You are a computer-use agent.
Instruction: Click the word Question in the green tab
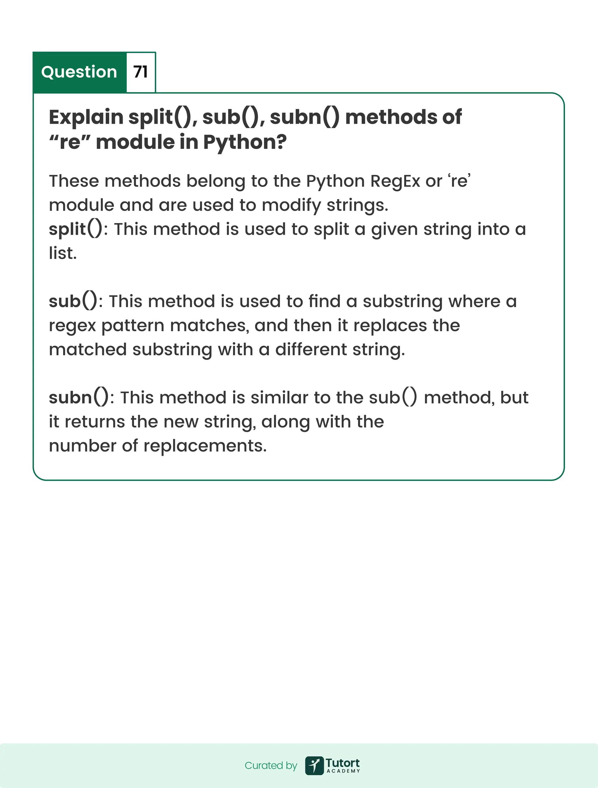79,72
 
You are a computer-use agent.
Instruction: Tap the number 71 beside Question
140,72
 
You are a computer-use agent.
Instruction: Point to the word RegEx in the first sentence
395,181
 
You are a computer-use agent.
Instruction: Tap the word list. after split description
63,253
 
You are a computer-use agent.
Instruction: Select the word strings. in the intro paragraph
357,206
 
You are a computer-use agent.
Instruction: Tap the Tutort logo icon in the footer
314,766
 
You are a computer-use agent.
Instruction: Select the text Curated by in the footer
271,766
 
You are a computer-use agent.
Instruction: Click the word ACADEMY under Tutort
343,771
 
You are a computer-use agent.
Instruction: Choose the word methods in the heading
391,117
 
